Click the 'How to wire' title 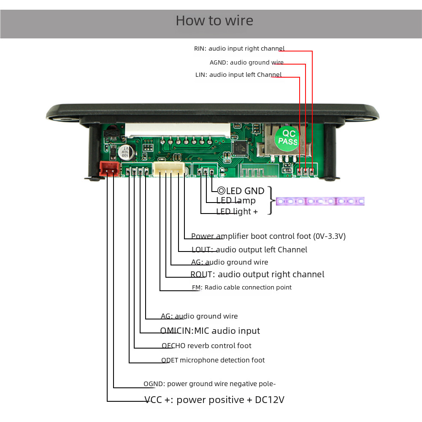214,21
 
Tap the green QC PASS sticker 287,138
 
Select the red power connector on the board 109,168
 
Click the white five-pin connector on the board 169,169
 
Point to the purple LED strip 320,201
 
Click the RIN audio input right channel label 239,49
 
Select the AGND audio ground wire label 246,62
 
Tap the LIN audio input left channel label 238,75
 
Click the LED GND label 241,191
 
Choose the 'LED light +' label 237,211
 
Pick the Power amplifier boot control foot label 268,236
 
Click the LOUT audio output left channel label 249,250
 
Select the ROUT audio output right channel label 257,274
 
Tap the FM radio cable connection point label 242,287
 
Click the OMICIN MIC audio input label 210,331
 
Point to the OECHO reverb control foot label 206,346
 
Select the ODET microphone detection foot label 213,360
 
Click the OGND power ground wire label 209,384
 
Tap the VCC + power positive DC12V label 214,400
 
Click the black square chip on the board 240,148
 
